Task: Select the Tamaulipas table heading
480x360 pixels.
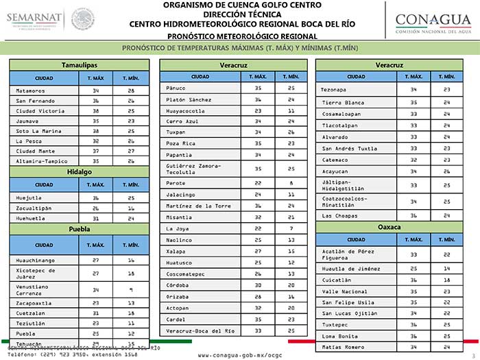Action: point(79,64)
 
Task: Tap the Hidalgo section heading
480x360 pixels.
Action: point(79,172)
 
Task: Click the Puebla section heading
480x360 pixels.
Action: point(79,229)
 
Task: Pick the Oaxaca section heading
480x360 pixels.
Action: point(389,226)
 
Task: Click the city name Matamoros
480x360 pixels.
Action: point(30,91)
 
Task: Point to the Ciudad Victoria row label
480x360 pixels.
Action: point(40,110)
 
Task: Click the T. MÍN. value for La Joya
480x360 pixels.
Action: point(291,228)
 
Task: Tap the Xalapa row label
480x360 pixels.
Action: point(176,251)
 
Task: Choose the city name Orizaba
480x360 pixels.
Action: point(178,296)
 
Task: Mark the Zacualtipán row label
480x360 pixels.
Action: point(36,206)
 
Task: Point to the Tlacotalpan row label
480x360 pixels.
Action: point(341,125)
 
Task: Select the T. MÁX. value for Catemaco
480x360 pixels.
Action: point(413,160)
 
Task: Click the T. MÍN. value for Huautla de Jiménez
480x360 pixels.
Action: point(446,268)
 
